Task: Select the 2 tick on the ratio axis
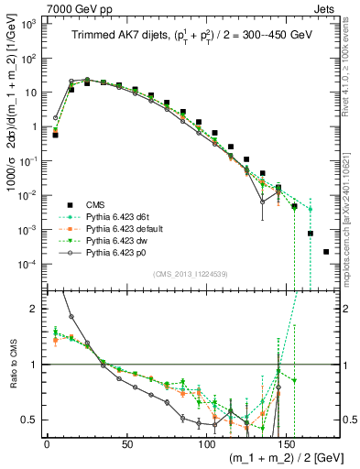point(33,309)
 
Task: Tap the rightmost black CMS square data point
point(326,251)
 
